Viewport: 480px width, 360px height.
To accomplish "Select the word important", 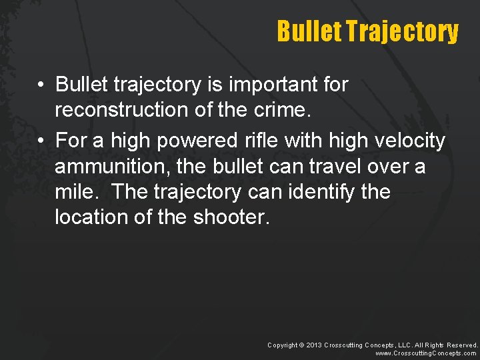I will pos(267,85).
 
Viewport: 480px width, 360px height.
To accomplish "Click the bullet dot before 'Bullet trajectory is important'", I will pos(41,85).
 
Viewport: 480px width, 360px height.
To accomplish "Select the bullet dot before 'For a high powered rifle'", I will pos(41,141).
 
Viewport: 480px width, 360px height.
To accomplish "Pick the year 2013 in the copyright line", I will pos(314,345).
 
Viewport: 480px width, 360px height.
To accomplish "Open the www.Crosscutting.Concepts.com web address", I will pos(426,353).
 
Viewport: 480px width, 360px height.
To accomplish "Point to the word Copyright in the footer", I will pos(283,345).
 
